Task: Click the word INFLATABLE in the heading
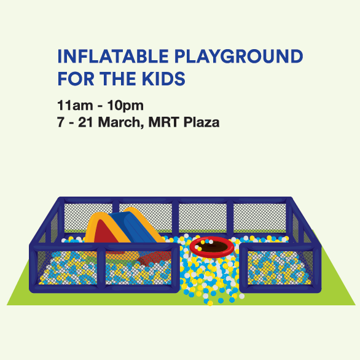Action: (113, 57)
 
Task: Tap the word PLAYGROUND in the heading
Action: (239, 57)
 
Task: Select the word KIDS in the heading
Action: (163, 79)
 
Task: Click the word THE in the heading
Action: (118, 79)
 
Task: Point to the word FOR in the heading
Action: (76, 79)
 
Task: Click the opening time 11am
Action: (75, 106)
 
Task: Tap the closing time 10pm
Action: (125, 106)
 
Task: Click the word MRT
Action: (163, 122)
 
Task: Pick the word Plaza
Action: (202, 122)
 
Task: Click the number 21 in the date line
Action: (85, 122)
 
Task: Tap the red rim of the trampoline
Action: (212, 252)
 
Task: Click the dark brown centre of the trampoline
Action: (213, 247)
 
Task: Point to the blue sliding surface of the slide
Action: (135, 227)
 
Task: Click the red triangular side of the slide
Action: (106, 232)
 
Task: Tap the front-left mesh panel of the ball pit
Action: (67, 268)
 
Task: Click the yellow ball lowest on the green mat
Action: (210, 303)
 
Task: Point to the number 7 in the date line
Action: (60, 122)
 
